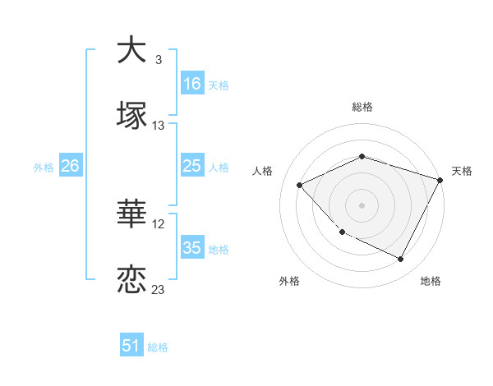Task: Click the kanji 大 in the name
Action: point(131,50)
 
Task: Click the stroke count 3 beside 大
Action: point(158,60)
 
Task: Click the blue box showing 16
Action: point(192,84)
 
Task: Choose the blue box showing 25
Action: point(192,166)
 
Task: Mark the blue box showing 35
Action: point(192,248)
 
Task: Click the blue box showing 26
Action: point(70,166)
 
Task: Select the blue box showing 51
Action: point(131,346)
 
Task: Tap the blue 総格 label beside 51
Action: point(158,347)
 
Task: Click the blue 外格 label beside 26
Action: point(44,168)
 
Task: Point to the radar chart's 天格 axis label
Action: point(463,171)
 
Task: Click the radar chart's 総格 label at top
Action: point(362,107)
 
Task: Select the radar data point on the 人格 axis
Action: point(300,185)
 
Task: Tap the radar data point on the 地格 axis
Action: point(400,260)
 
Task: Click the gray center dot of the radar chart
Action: point(362,204)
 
